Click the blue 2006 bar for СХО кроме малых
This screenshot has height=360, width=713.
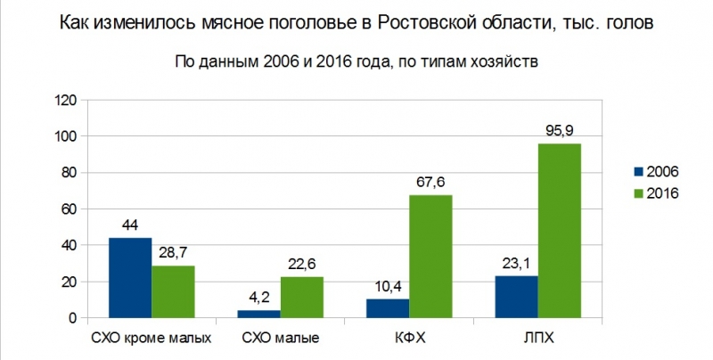130,278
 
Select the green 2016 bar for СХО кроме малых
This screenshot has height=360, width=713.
173,291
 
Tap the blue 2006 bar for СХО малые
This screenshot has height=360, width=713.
258,314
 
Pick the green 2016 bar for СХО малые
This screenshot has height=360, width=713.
302,297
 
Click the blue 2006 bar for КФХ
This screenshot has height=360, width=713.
388,308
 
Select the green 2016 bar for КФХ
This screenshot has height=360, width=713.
430,257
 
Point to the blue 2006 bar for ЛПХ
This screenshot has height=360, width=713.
517,297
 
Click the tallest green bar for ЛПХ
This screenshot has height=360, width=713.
560,231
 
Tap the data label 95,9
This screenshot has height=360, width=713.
560,130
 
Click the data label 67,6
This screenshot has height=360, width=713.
430,182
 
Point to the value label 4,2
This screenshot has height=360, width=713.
259,298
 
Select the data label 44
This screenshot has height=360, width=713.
130,225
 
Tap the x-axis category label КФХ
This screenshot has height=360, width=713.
409,339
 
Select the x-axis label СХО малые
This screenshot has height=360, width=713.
281,339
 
